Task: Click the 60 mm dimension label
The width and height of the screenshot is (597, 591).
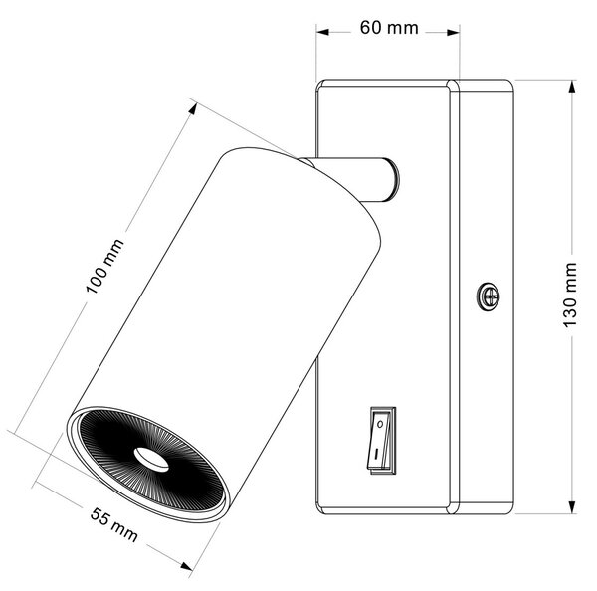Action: (389, 28)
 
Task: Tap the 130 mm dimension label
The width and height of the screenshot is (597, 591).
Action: (570, 295)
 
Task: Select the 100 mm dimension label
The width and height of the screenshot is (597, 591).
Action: (104, 267)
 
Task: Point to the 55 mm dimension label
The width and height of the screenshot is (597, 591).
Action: (113, 524)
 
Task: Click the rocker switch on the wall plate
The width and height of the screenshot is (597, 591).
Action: (381, 441)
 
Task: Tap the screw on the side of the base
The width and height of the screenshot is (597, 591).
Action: (489, 295)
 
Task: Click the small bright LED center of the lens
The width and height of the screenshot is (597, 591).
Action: (151, 459)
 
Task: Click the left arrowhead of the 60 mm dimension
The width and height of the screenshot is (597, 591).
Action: (322, 32)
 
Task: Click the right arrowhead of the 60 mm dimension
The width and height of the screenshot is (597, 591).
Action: (453, 33)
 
